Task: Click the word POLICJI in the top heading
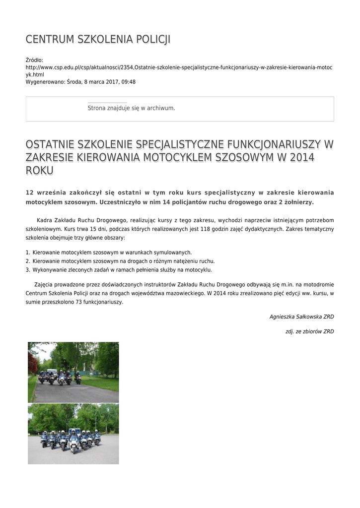point(151,39)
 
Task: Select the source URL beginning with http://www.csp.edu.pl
point(179,67)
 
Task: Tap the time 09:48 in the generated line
point(129,82)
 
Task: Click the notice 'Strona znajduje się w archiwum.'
point(131,108)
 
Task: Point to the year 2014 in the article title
point(302,157)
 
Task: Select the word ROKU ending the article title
point(40,171)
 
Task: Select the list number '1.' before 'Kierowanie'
point(28,253)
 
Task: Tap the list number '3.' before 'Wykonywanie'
point(28,270)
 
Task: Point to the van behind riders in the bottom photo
point(74,431)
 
